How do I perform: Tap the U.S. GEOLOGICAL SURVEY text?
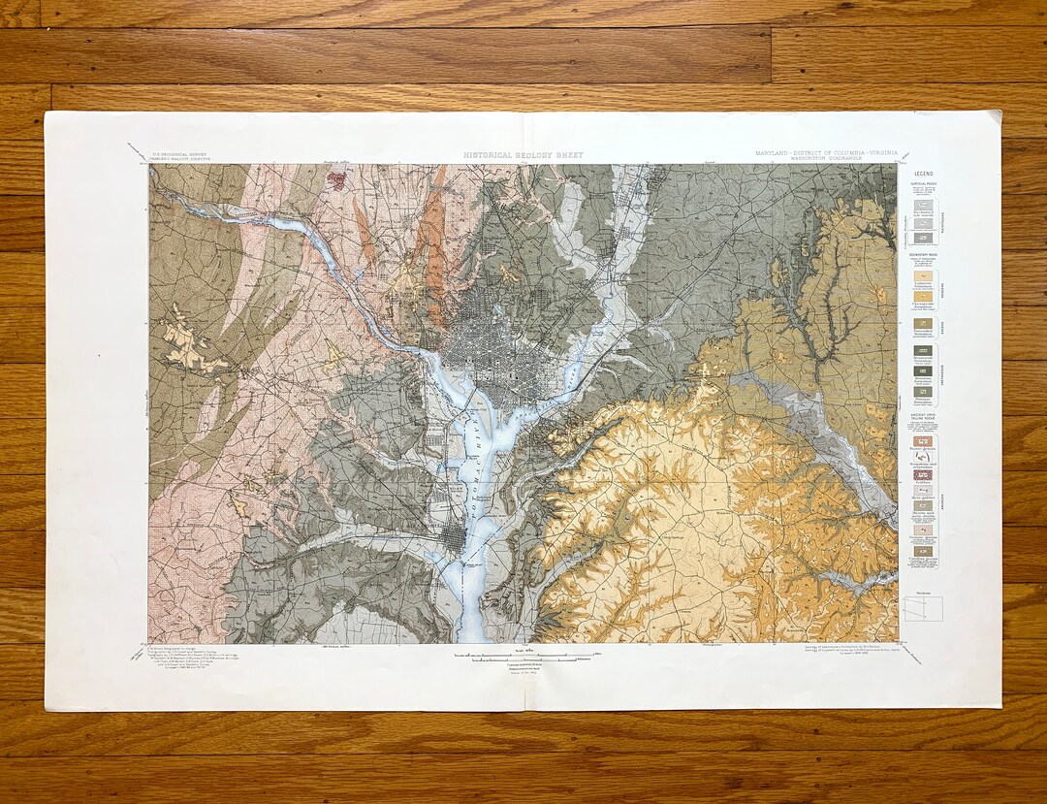[180, 154]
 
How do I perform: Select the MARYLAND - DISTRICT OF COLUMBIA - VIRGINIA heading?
[826, 153]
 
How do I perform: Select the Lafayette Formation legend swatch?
[922, 276]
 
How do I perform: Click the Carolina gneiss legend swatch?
[922, 552]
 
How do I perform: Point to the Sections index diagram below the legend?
[922, 608]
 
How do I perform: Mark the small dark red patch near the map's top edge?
[338, 178]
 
